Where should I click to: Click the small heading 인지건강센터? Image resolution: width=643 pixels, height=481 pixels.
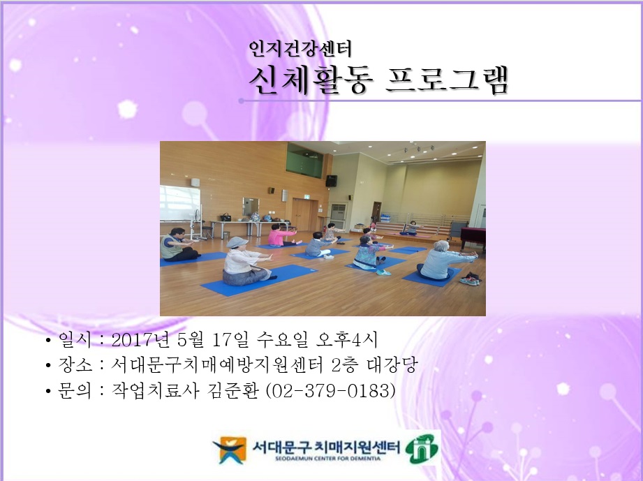300,48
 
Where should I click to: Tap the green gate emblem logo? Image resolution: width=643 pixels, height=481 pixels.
422,447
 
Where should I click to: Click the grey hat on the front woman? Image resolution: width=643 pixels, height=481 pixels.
237,242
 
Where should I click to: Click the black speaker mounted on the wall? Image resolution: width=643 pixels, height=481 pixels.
331,181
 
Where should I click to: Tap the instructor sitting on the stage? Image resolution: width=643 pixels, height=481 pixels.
411,227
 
